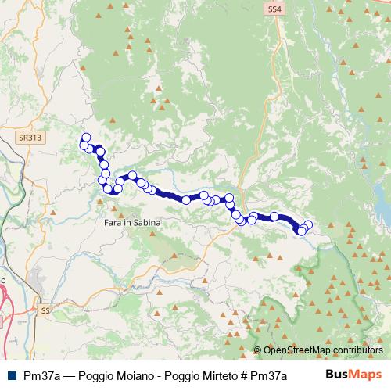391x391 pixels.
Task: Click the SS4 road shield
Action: point(272,9)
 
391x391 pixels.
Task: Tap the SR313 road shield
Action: point(28,136)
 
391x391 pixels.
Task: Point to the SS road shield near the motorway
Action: point(45,310)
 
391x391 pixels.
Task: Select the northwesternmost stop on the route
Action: point(86,138)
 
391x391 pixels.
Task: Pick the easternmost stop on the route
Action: point(308,225)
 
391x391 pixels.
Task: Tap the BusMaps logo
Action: point(354,375)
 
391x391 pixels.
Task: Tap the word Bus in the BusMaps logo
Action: point(339,375)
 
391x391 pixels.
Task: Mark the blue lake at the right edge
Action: point(383,205)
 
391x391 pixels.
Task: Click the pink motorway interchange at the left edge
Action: point(5,297)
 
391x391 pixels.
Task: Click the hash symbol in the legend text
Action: point(233,375)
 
